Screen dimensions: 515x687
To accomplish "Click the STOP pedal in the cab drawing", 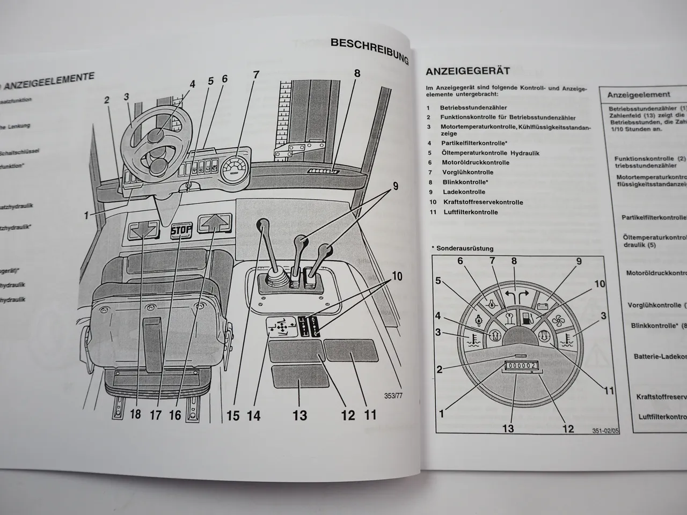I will (180, 232).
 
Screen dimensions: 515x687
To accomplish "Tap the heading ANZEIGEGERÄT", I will (467, 71).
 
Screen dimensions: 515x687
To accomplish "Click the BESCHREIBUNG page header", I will (370, 49).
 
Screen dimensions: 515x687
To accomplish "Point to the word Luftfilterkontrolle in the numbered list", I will (470, 212).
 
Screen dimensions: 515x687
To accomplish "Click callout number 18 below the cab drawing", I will (135, 414).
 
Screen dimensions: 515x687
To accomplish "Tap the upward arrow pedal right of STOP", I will (216, 222).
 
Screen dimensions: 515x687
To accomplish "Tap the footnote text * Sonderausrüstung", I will (462, 248).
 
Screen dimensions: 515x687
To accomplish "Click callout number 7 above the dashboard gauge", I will (256, 75).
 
